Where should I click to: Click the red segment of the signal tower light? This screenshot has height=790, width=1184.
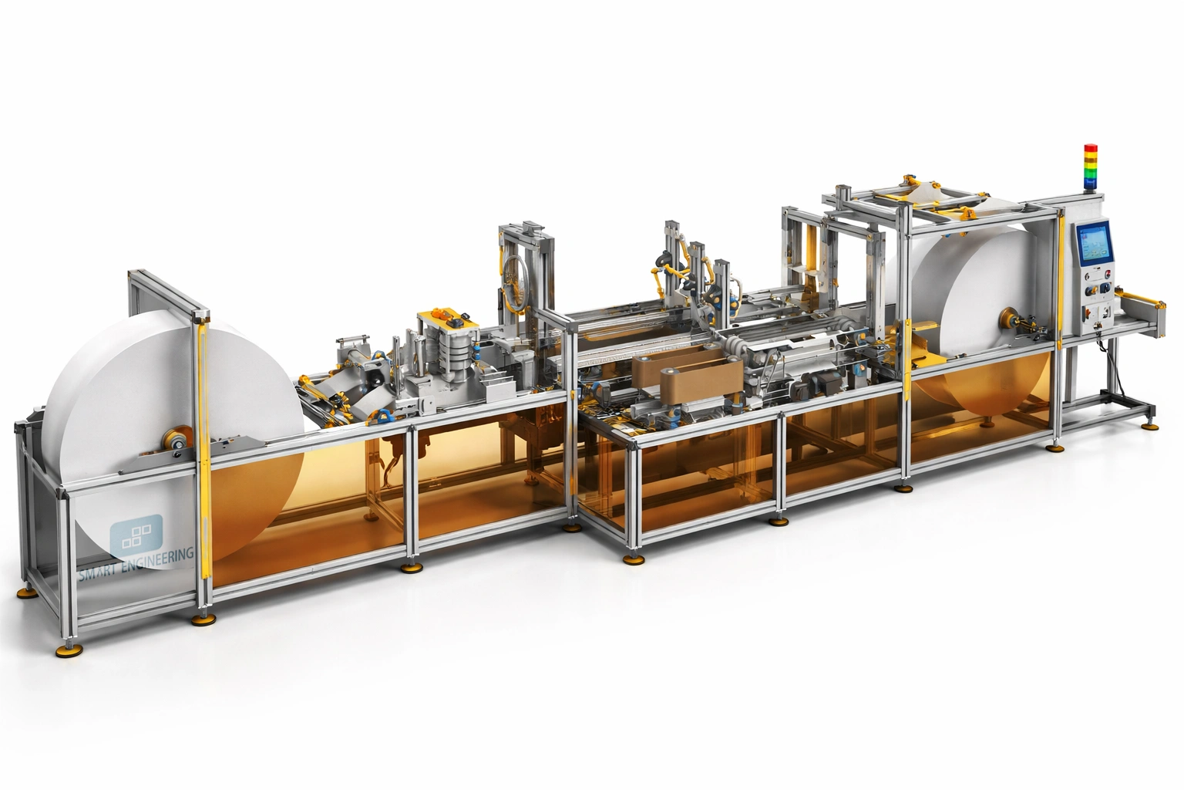[1090, 148]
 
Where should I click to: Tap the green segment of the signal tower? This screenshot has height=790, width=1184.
[1090, 173]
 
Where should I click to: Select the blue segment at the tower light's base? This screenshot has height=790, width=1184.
[1090, 183]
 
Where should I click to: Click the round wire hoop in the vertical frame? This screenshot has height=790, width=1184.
[516, 276]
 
